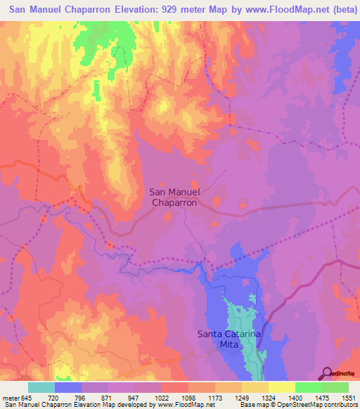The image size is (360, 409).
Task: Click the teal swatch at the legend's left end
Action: pos(41,387)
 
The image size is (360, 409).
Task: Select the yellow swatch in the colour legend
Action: pos(281,387)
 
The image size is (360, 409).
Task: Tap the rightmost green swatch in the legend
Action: pos(335,387)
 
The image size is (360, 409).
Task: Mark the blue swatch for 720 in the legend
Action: pos(68,387)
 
